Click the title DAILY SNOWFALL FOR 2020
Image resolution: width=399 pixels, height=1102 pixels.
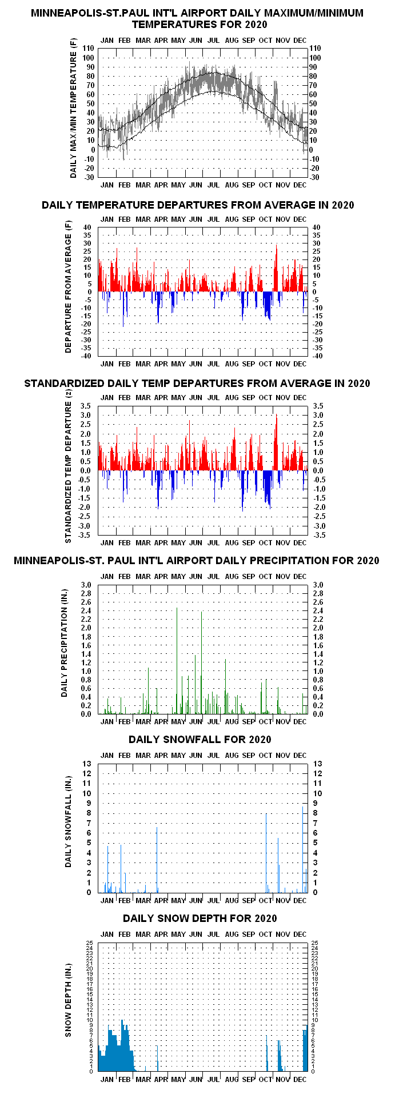[199, 739]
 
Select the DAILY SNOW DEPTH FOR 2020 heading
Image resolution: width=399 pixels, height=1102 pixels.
[199, 918]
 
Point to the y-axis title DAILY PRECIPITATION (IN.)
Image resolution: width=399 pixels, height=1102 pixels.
[65, 642]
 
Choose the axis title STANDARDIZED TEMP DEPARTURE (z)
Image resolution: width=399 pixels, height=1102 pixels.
[69, 472]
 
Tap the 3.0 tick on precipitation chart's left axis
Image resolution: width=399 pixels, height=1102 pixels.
[86, 585]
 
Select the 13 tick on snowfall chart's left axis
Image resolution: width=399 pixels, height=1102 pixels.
[87, 764]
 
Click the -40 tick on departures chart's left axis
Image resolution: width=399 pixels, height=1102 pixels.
[86, 356]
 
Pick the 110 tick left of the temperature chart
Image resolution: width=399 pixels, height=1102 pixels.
[87, 49]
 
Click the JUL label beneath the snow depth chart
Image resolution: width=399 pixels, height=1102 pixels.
[213, 1079]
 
